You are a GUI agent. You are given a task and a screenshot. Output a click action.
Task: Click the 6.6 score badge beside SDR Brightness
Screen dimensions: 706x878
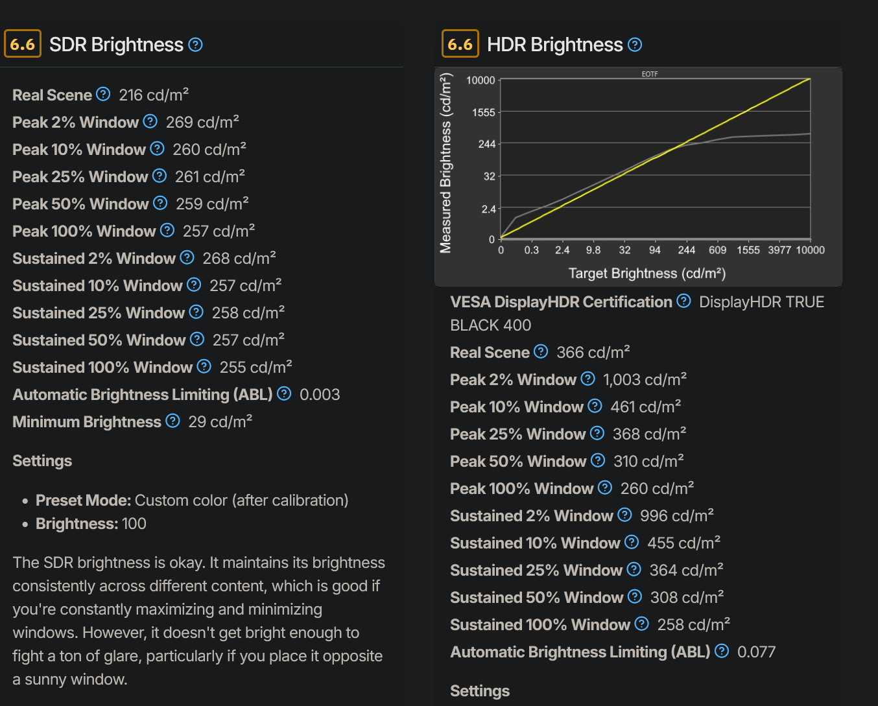point(23,44)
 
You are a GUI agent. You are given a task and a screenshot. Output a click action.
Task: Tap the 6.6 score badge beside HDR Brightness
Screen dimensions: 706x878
point(460,44)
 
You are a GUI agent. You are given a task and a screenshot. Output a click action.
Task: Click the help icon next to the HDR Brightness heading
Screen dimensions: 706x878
point(635,45)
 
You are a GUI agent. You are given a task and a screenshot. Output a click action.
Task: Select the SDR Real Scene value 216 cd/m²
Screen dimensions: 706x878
point(154,95)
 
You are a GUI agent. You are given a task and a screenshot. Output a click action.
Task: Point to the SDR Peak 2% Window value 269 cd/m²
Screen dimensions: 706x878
point(202,123)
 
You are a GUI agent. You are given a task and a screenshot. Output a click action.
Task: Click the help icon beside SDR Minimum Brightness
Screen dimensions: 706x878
point(172,421)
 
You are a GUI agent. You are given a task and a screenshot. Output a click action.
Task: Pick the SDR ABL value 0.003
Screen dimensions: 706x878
point(320,395)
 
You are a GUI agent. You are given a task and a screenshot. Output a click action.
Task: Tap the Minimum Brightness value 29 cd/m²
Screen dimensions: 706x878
point(220,422)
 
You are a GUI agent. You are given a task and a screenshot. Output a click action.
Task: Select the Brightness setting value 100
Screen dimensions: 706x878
point(134,524)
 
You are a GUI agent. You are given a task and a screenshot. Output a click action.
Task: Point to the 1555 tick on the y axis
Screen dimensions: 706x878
point(483,113)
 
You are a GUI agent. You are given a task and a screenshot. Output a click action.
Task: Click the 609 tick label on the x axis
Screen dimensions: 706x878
point(717,250)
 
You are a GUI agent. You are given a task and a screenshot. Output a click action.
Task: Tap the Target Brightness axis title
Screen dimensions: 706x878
point(647,274)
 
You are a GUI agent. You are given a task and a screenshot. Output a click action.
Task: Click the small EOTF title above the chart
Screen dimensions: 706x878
point(650,75)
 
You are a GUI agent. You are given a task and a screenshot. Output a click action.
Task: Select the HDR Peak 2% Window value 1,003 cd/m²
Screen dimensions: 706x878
point(645,380)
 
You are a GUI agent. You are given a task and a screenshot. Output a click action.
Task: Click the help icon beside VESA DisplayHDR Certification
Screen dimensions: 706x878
point(683,301)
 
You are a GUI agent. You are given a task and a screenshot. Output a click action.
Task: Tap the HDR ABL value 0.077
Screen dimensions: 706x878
point(756,652)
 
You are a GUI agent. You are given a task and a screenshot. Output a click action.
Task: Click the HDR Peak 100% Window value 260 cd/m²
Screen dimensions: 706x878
point(657,489)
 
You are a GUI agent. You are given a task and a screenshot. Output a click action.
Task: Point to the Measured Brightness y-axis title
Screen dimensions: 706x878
point(445,163)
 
